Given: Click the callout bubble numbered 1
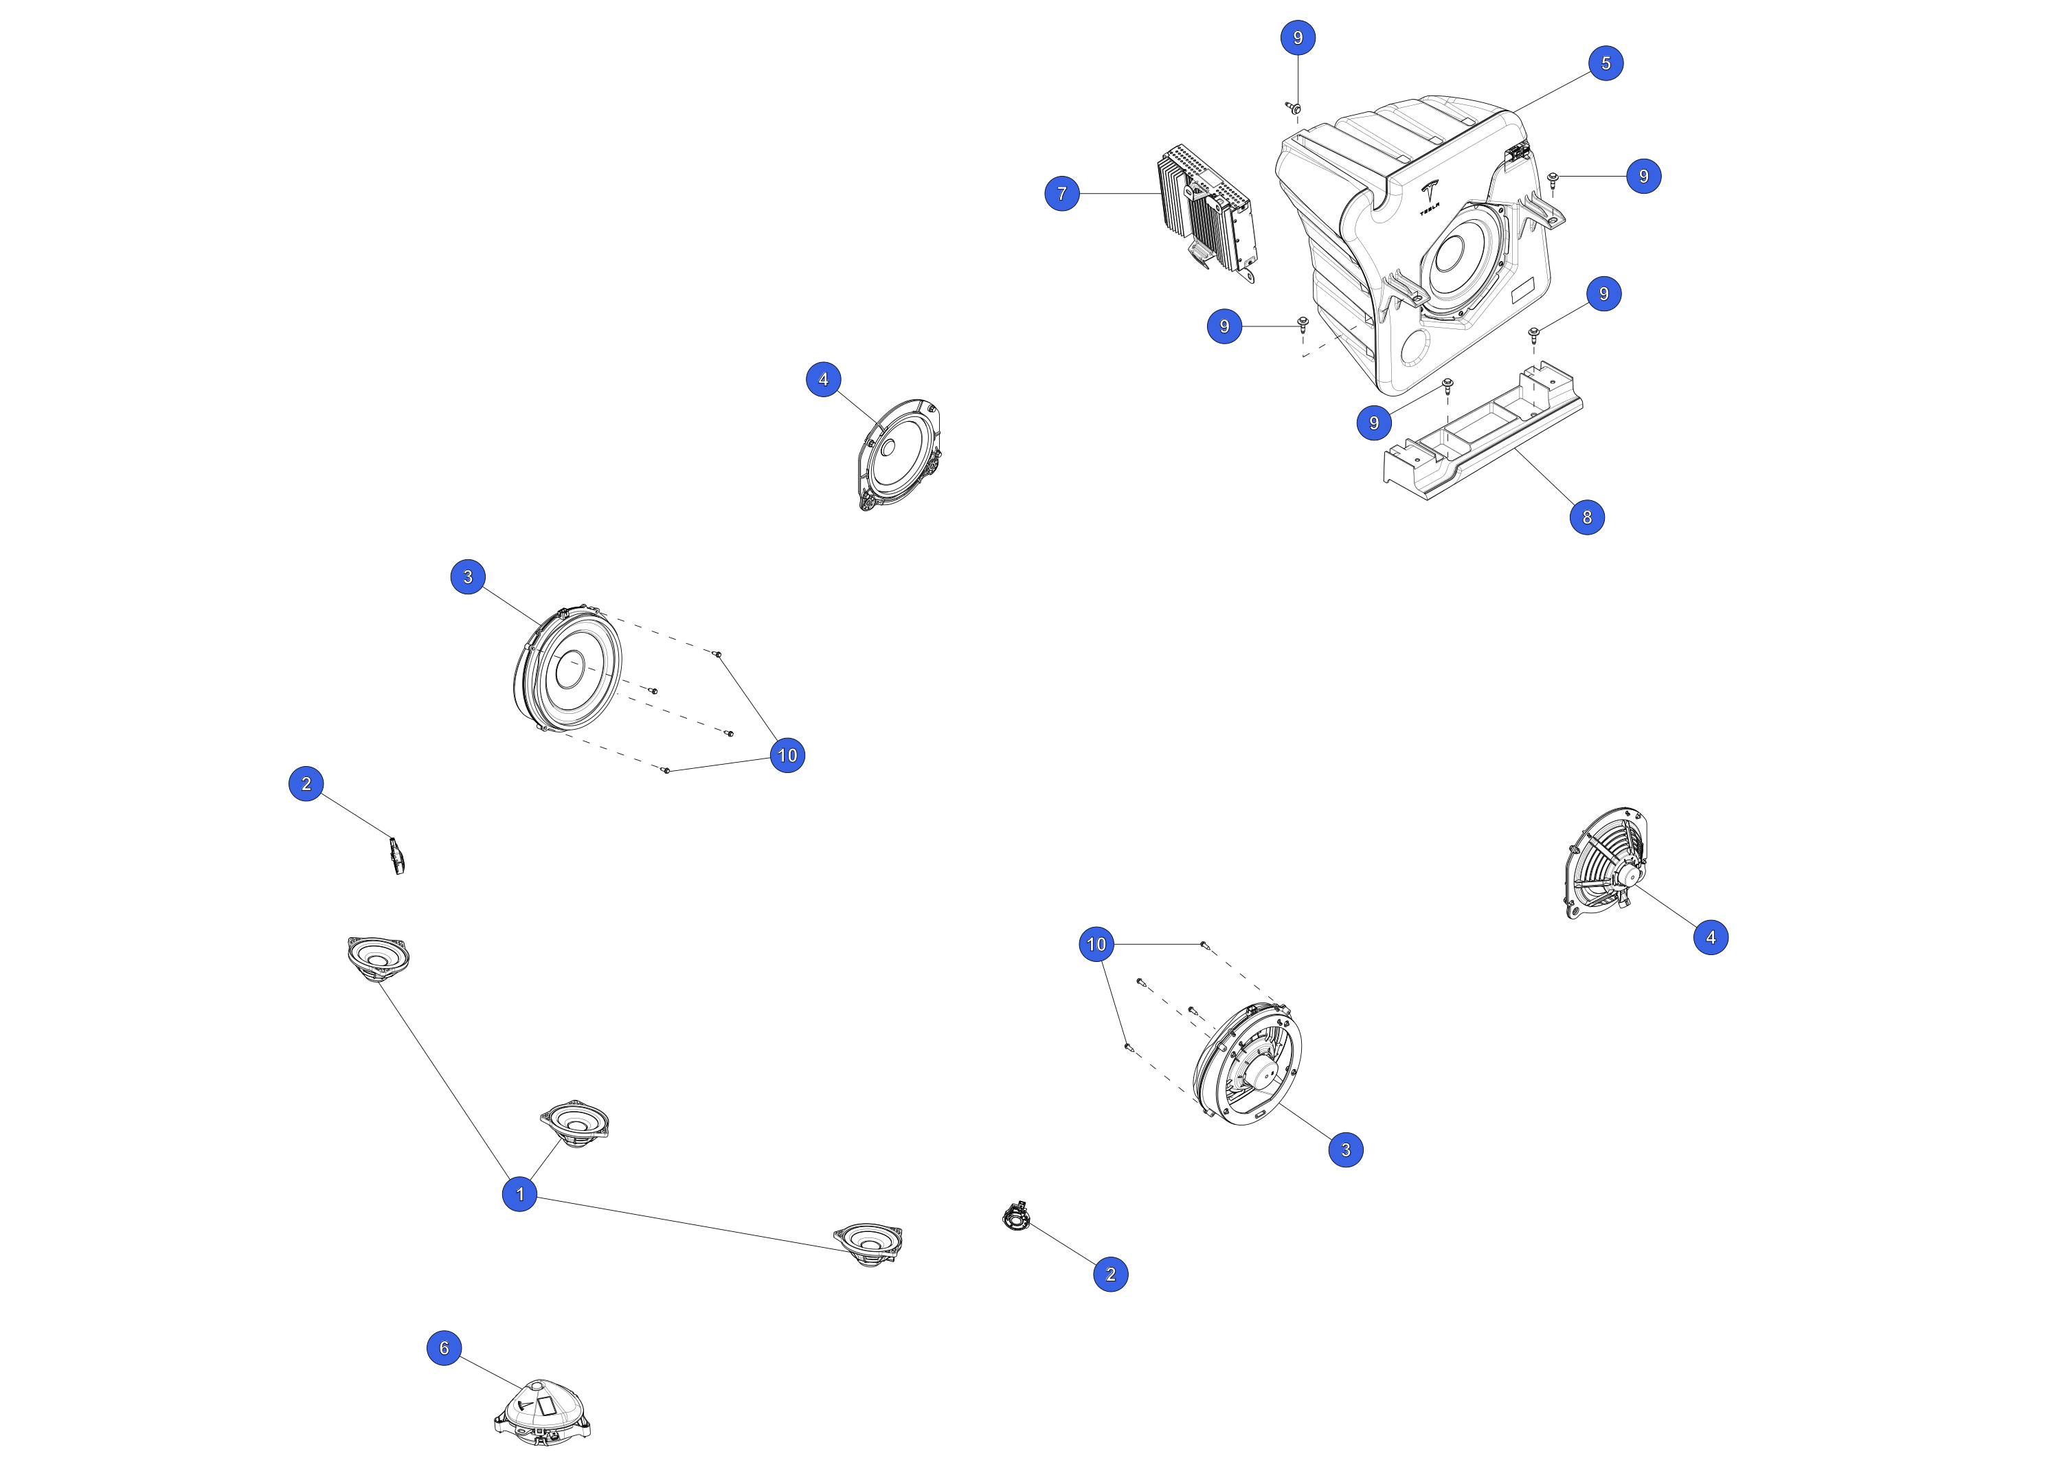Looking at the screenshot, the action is click(x=520, y=1194).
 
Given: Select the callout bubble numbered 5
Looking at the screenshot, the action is click(x=1606, y=63).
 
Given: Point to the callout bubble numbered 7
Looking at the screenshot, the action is click(x=1062, y=193).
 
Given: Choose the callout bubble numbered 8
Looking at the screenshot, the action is click(x=1587, y=517).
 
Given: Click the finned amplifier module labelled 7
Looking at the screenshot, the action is click(x=1207, y=213).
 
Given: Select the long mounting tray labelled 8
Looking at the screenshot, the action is click(x=1483, y=431).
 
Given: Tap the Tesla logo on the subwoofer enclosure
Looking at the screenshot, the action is click(x=1429, y=196).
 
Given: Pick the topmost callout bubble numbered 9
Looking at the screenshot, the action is click(x=1298, y=38).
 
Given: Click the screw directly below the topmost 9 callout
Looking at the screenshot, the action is click(x=1294, y=108).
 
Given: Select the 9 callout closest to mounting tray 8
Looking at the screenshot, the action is click(x=1373, y=423).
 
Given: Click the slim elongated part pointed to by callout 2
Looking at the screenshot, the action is click(x=396, y=855).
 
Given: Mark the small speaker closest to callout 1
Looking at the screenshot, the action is click(x=574, y=1123).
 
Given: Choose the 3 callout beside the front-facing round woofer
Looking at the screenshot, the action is click(x=468, y=576).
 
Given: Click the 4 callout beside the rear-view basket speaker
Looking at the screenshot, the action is click(x=1711, y=937).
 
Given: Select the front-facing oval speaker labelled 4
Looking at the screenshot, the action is click(x=899, y=454).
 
